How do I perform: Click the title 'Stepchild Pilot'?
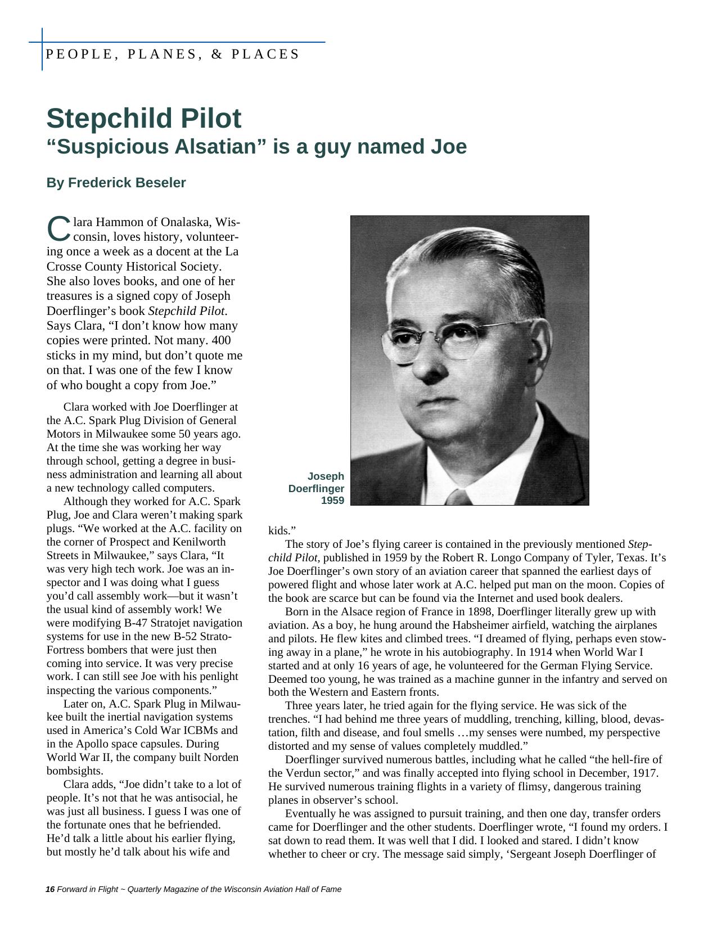pyautogui.click(x=143, y=119)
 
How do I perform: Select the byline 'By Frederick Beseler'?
pyautogui.click(x=116, y=183)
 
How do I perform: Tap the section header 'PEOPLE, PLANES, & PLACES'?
pyautogui.click(x=172, y=54)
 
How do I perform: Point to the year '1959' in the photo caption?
pyautogui.click(x=332, y=501)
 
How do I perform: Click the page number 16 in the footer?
pyautogui.click(x=50, y=889)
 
